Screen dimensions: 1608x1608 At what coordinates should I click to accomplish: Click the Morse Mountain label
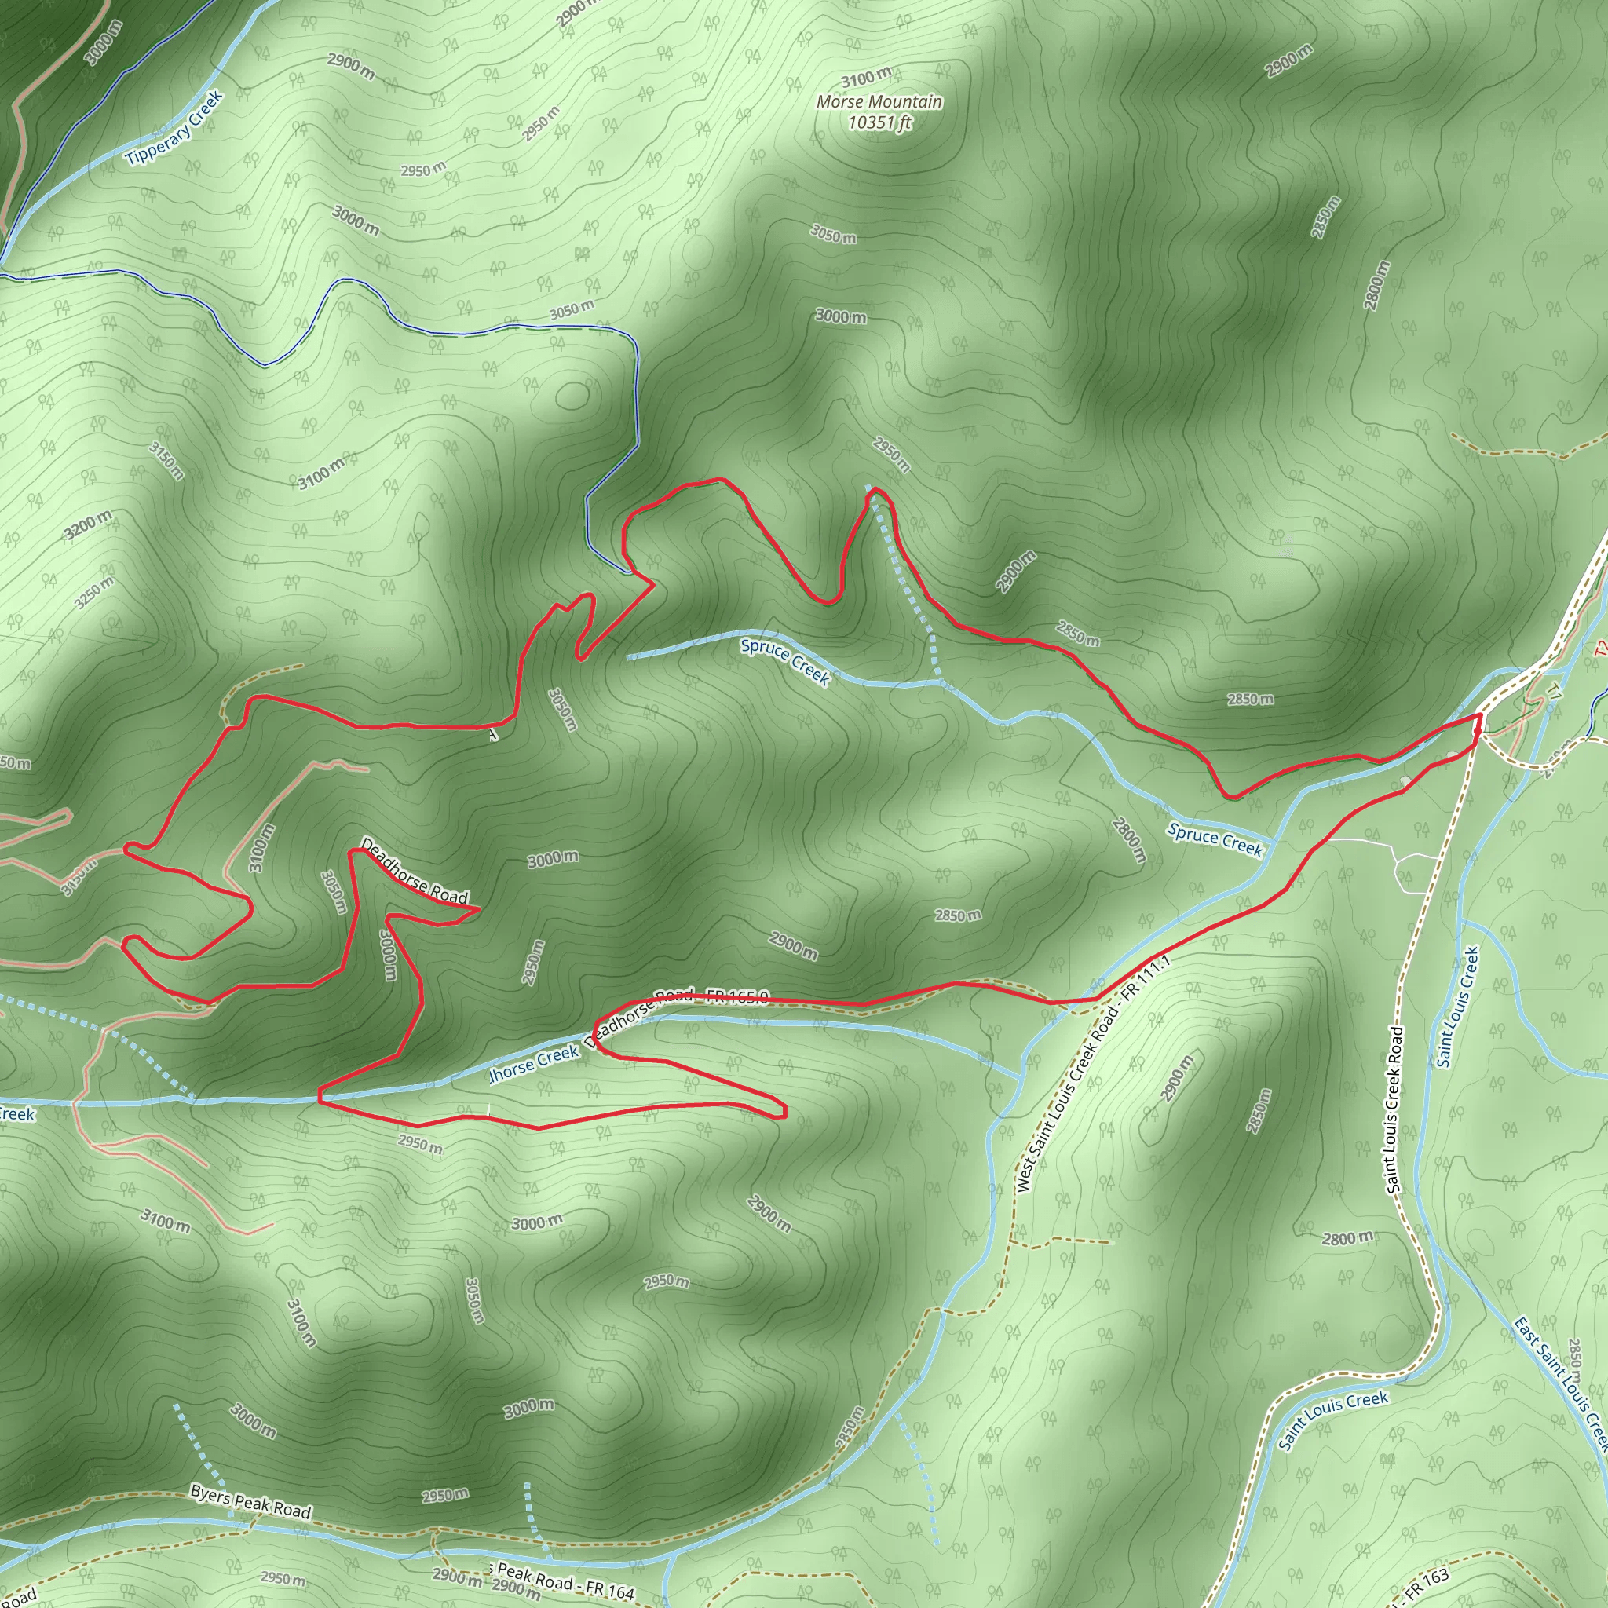click(879, 101)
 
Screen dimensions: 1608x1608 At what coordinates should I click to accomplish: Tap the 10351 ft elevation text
click(879, 122)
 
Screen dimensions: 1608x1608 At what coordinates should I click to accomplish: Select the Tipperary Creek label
click(175, 127)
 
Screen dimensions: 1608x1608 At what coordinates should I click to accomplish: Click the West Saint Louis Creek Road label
click(1092, 1073)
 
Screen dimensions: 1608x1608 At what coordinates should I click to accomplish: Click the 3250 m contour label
click(94, 593)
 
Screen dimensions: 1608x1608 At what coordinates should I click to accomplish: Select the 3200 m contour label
click(88, 525)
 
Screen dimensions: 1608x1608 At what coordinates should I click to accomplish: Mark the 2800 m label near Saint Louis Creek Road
click(1347, 1238)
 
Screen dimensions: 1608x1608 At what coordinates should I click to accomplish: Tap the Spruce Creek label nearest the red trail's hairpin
click(785, 662)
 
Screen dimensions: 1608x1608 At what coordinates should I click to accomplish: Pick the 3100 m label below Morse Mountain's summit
click(865, 79)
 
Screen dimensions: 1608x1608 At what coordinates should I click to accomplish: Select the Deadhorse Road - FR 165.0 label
click(682, 1007)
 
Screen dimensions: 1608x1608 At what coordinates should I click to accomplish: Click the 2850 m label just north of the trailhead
click(1250, 699)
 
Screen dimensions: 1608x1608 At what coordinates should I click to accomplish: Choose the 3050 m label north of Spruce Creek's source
click(572, 310)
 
